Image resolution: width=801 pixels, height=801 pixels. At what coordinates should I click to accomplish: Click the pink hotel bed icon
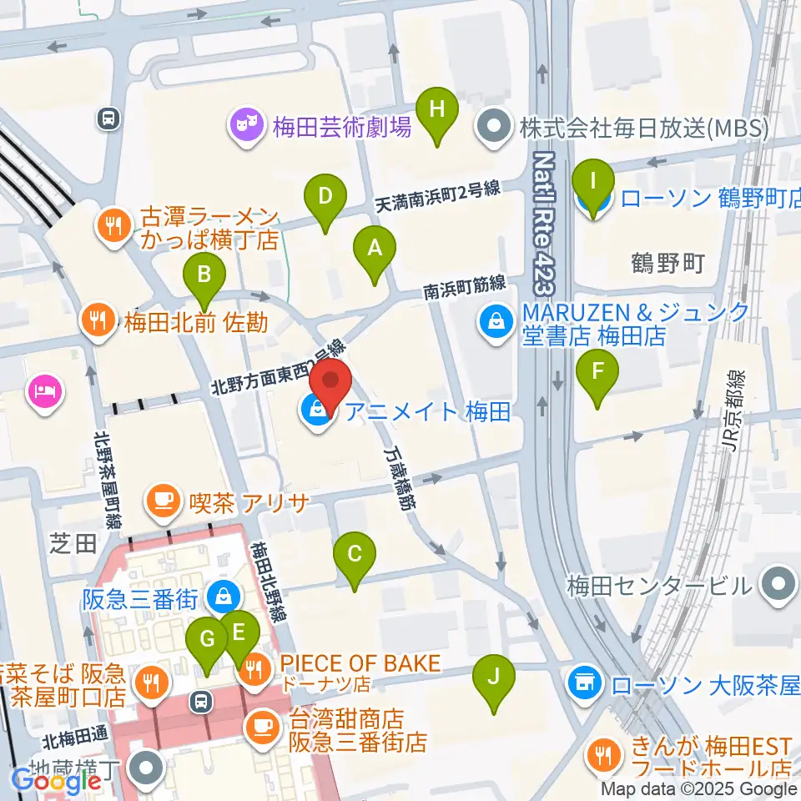coord(44,390)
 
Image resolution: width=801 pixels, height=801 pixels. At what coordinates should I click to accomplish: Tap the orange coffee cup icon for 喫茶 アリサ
coord(160,502)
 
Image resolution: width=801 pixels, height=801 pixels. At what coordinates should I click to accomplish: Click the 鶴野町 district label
coord(669,264)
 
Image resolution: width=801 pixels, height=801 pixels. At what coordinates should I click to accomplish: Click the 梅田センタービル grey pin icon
coord(778,585)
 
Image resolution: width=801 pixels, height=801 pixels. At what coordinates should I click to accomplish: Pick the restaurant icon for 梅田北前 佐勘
coord(97,321)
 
